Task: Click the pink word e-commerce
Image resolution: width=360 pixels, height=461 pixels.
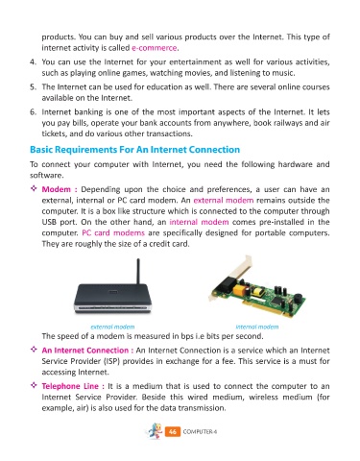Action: [155, 48]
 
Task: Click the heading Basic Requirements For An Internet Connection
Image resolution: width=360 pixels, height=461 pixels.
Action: [134, 150]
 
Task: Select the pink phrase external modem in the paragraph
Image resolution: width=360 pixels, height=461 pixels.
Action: [224, 201]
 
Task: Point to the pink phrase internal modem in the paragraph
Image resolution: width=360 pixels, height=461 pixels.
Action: [199, 222]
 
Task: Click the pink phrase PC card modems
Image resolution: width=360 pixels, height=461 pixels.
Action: [113, 233]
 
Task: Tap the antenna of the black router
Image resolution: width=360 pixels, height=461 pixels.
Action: [138, 272]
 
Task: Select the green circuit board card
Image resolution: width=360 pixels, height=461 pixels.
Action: [257, 288]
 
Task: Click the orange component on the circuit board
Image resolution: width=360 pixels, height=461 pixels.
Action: [239, 291]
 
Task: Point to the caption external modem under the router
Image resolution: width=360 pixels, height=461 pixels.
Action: [112, 327]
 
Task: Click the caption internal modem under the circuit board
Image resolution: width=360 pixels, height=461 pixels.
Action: [257, 327]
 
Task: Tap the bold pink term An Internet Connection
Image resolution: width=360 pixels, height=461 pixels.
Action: [85, 351]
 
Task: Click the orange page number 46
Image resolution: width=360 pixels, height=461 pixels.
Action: [173, 431]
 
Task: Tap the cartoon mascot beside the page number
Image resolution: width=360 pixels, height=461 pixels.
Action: [155, 431]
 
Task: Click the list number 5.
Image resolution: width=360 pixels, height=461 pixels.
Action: [33, 87]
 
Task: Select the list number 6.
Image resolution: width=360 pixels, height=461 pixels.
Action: [33, 112]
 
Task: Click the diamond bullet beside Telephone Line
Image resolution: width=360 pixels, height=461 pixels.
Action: [34, 385]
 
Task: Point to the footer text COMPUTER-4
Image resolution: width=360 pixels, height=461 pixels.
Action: [200, 432]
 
